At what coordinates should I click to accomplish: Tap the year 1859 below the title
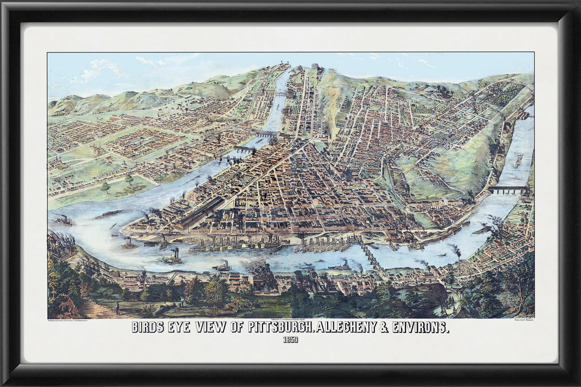290,341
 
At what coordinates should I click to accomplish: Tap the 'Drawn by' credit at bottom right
517,320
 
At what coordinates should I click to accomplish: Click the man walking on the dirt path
117,308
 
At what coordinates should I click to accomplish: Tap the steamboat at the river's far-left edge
64,221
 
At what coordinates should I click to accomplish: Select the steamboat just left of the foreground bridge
340,266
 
